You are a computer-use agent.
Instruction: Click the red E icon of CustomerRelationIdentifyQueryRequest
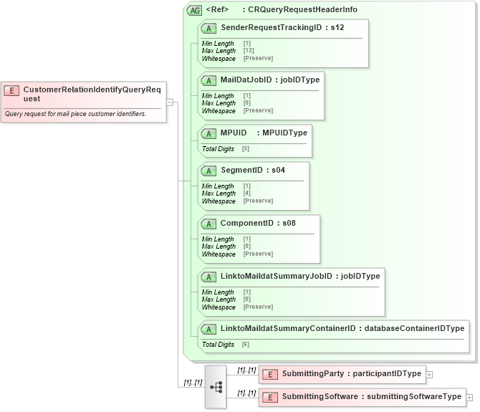(x=11, y=90)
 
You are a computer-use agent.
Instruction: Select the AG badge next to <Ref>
(x=193, y=10)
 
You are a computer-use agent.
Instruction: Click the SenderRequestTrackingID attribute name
(x=271, y=27)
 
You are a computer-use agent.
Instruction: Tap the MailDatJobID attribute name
(x=246, y=80)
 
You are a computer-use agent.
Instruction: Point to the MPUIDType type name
(x=284, y=133)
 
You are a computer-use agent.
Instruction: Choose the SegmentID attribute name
(x=241, y=170)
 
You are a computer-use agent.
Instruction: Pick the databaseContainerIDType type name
(x=414, y=328)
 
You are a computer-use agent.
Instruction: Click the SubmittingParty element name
(x=312, y=373)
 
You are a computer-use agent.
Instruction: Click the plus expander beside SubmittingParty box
(x=429, y=374)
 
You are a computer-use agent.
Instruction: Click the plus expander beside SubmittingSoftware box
(x=470, y=397)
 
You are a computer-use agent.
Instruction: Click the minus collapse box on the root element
(x=170, y=102)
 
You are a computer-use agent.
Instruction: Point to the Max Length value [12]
(x=249, y=51)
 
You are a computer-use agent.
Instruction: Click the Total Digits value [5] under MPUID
(x=246, y=149)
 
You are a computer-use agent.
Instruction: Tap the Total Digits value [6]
(x=246, y=345)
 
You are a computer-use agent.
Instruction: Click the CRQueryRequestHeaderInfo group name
(x=302, y=10)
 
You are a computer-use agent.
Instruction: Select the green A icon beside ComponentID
(x=209, y=224)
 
